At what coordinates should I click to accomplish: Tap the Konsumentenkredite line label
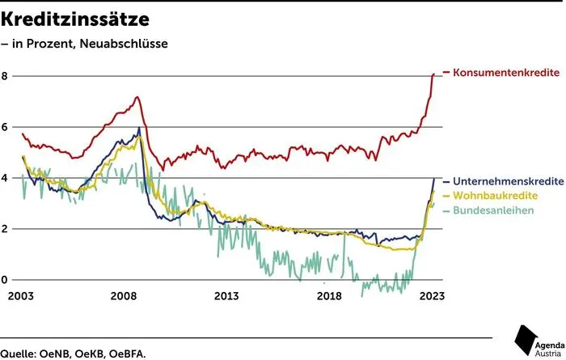click(x=507, y=73)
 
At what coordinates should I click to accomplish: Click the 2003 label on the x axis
click(x=22, y=296)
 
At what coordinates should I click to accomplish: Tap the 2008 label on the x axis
click(x=125, y=296)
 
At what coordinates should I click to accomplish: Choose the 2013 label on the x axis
click(x=227, y=296)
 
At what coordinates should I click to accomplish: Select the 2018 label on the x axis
click(x=330, y=296)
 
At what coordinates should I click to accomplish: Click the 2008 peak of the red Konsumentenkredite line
click(x=137, y=98)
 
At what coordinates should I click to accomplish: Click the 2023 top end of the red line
click(x=433, y=74)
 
